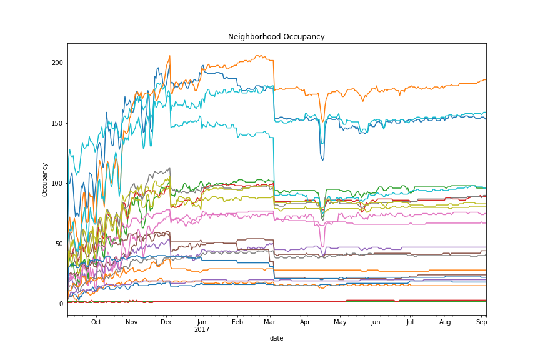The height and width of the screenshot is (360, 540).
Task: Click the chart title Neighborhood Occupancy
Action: point(276,37)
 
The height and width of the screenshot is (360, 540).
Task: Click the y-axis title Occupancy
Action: point(45,179)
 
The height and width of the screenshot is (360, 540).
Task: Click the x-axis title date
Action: point(276,338)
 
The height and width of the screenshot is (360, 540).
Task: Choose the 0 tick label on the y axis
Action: point(61,304)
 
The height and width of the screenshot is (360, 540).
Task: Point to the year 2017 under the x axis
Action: point(201,329)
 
